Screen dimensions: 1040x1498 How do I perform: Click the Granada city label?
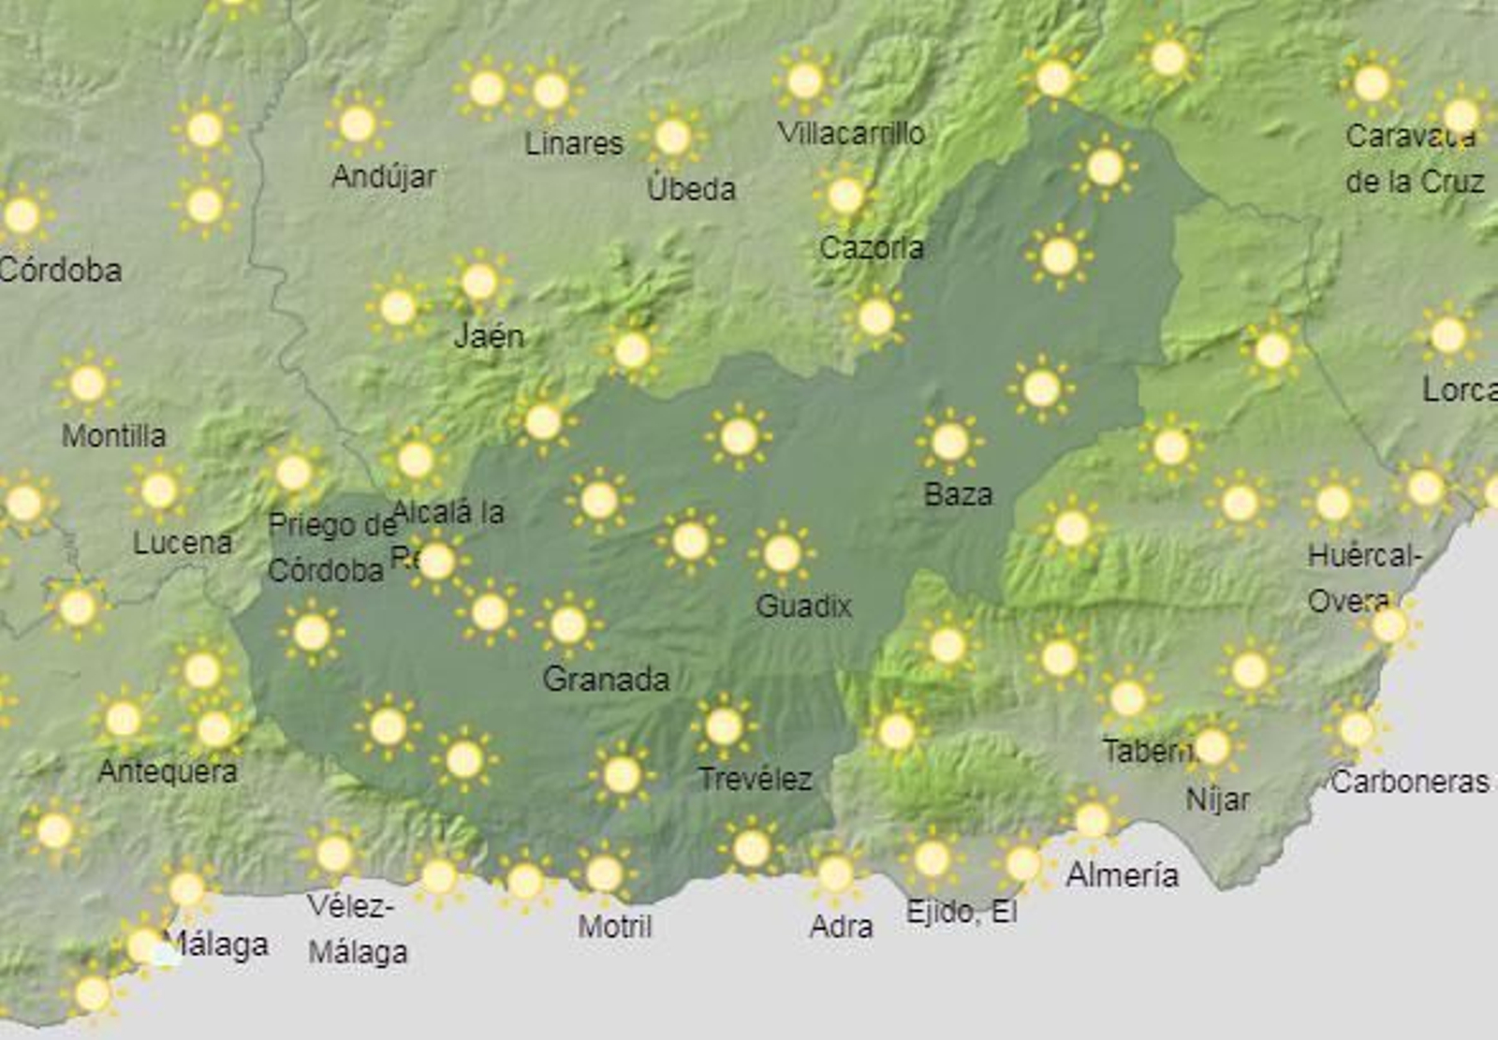[x=606, y=679]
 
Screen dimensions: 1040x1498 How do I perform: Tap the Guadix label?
[x=803, y=606]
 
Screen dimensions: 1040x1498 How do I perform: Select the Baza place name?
[x=957, y=493]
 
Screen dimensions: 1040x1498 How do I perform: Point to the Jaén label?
[x=488, y=335]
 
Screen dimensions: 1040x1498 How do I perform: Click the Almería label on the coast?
[x=1122, y=875]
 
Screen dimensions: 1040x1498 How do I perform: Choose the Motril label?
[x=614, y=926]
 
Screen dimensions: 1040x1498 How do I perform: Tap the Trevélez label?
[x=755, y=778]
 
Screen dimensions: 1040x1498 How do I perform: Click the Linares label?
[x=573, y=143]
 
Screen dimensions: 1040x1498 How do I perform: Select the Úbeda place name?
[x=691, y=188]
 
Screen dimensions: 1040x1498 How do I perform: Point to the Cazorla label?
[x=871, y=247]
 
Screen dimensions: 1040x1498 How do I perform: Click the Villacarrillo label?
[x=851, y=133]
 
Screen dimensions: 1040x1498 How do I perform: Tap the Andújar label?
[x=383, y=176]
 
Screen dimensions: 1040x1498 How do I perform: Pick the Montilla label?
[x=113, y=435]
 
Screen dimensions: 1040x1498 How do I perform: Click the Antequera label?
[x=168, y=771]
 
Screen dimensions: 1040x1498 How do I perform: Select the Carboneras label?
[x=1409, y=782]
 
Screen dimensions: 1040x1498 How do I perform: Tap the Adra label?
[x=841, y=926]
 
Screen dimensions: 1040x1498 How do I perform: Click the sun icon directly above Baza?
[x=949, y=442]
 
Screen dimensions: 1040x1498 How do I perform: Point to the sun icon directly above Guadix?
[x=782, y=554]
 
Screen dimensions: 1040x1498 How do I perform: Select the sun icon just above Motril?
[x=604, y=874]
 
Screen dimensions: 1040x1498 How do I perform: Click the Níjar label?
[x=1217, y=799]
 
